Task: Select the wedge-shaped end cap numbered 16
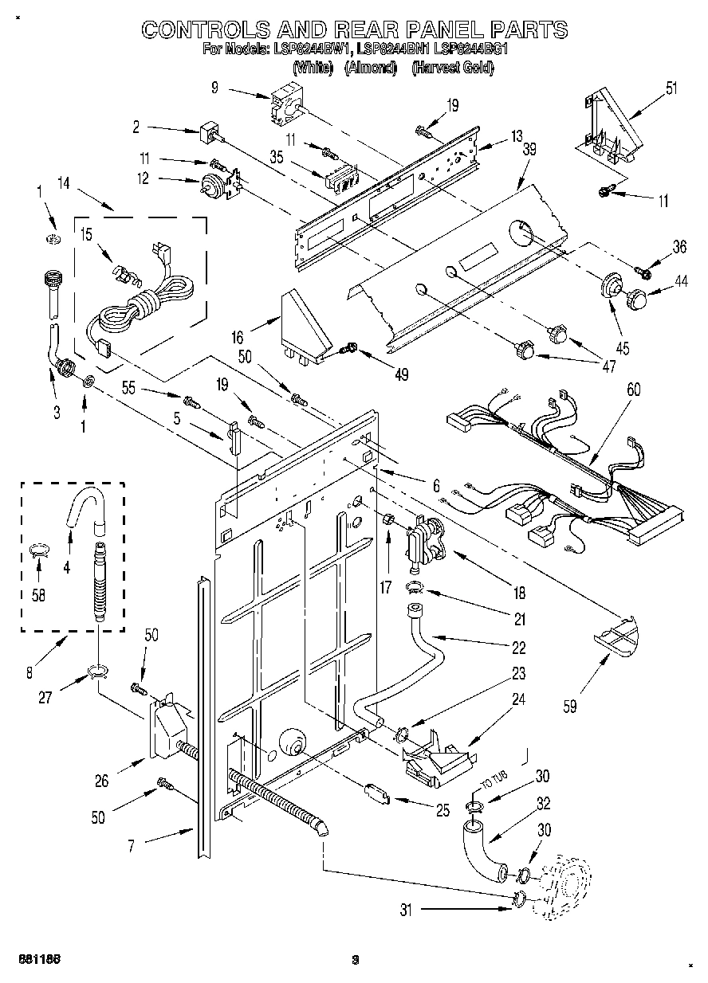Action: (305, 326)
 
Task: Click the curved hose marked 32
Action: (480, 849)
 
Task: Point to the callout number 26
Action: (102, 781)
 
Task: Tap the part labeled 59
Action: (618, 636)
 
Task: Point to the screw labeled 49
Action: (349, 348)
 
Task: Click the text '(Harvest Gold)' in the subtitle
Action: (452, 69)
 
